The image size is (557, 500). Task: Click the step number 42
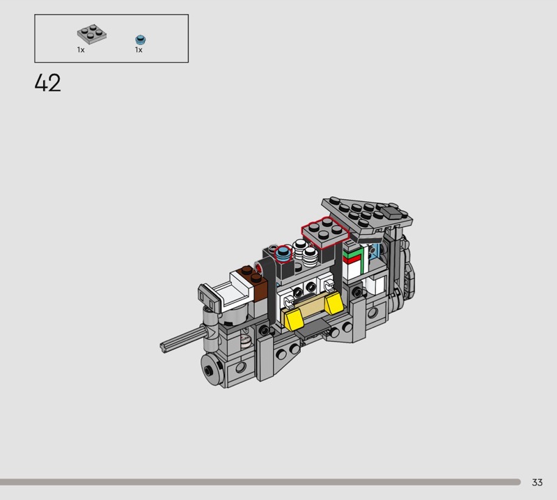(x=47, y=83)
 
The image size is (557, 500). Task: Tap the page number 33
(x=537, y=482)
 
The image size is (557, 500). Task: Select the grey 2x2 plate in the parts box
(x=92, y=34)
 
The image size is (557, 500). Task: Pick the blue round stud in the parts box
(x=141, y=40)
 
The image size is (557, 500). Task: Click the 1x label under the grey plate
(x=81, y=50)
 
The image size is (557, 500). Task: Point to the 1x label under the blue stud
(x=139, y=50)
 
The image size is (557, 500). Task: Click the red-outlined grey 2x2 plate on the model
(x=325, y=232)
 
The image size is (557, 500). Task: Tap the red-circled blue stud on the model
(x=283, y=253)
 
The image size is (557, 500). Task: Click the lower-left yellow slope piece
(x=292, y=318)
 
